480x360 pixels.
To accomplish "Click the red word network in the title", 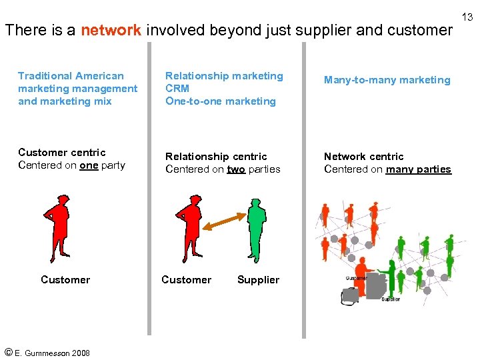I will click(111, 30).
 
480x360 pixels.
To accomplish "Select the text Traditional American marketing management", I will click(77, 82).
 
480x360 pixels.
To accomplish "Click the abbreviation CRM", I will click(177, 89).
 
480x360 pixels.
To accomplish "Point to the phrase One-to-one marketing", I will click(220, 101).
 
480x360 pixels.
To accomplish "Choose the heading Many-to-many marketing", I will click(387, 80).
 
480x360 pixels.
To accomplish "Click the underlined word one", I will click(89, 165).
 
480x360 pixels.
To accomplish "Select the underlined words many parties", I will click(418, 169).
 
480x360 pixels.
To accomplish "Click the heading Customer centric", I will click(61, 153).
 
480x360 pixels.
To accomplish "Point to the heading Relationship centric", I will click(215, 157).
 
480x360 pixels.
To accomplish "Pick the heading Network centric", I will click(363, 157).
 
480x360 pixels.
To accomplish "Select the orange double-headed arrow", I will click(224, 221).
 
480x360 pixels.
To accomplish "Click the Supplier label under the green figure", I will click(258, 280).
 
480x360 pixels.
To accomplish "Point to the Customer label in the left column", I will click(65, 280).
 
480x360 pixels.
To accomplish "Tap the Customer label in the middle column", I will click(186, 280).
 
